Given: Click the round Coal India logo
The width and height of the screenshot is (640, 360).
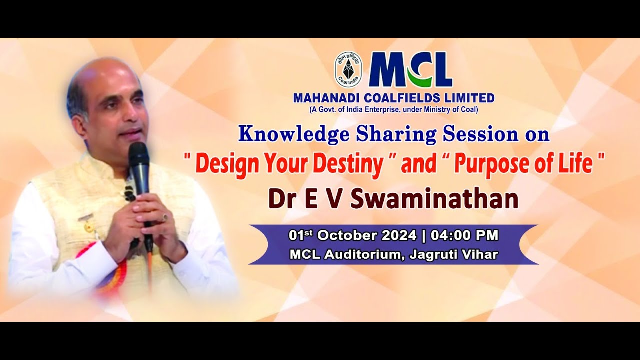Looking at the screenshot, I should (348, 69).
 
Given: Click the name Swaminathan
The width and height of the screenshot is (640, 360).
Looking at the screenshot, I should (434, 198).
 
